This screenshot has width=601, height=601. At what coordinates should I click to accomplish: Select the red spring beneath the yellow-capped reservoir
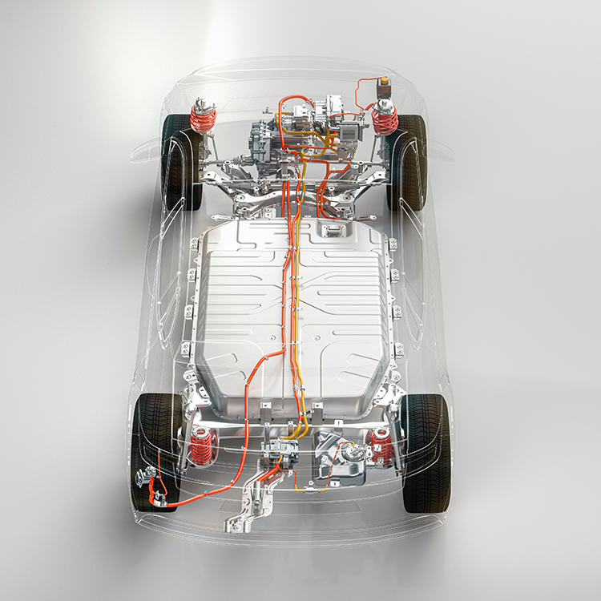point(385,120)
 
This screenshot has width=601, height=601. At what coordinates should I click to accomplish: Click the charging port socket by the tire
point(149,480)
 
